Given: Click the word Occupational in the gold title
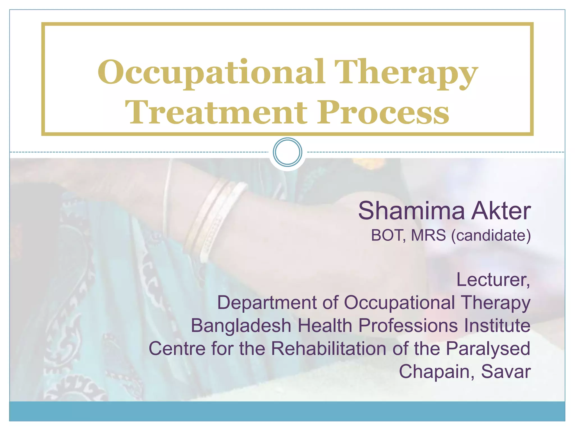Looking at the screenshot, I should tap(211, 72).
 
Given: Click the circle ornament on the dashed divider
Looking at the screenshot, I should tap(287, 152).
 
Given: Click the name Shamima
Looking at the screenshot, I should tap(411, 211).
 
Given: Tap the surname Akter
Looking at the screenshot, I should tap(501, 211).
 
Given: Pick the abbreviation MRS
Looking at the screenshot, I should tap(428, 235).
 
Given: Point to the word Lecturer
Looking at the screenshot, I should tap(493, 280).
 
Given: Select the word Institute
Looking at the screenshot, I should tap(497, 325).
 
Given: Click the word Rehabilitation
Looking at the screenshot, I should tap(328, 349).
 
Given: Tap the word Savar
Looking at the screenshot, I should tap(506, 372).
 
